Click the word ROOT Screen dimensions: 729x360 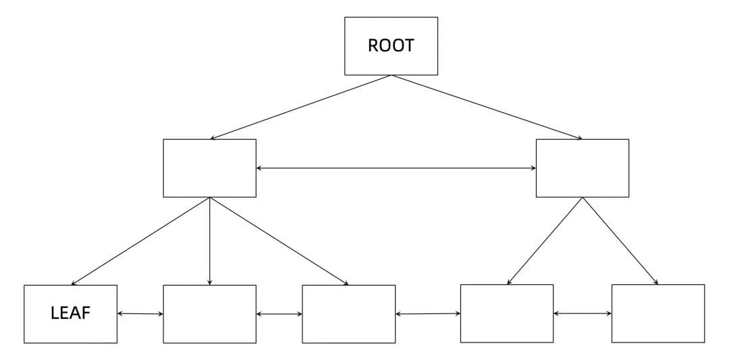tap(391, 45)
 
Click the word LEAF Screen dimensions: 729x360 tap(70, 313)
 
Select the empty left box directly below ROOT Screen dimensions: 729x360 tap(210, 168)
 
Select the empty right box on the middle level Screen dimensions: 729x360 tap(583, 168)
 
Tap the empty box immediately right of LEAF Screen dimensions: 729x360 tap(210, 314)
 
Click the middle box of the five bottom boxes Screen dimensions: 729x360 tap(349, 314)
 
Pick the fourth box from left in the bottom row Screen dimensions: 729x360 tap(507, 313)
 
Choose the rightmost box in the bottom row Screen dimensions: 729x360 tap(658, 313)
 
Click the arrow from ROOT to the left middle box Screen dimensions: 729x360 tap(300, 107)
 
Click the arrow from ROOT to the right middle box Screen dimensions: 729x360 tap(487, 107)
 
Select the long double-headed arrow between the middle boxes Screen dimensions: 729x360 tap(396, 168)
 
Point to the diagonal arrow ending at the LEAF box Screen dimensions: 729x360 tap(140, 241)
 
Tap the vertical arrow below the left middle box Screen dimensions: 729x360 tap(210, 241)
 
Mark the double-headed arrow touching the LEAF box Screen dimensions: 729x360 tap(140, 313)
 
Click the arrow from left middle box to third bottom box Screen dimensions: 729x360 tap(279, 241)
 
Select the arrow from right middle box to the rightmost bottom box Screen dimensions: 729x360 tap(620, 241)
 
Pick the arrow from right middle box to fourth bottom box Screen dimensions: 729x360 tap(545, 241)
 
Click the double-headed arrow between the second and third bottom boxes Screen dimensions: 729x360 tap(279, 314)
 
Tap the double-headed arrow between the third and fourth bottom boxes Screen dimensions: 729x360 tap(428, 314)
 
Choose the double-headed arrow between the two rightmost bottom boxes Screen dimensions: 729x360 tap(583, 313)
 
